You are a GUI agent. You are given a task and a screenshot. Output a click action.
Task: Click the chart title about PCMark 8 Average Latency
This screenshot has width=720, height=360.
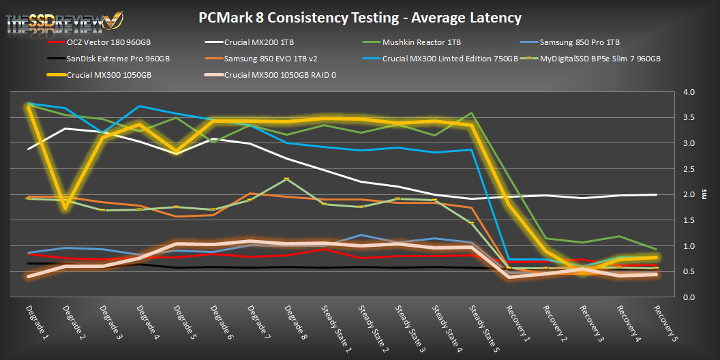click(361, 17)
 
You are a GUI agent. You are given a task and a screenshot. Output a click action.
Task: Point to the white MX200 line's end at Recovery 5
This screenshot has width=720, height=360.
click(655, 194)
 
